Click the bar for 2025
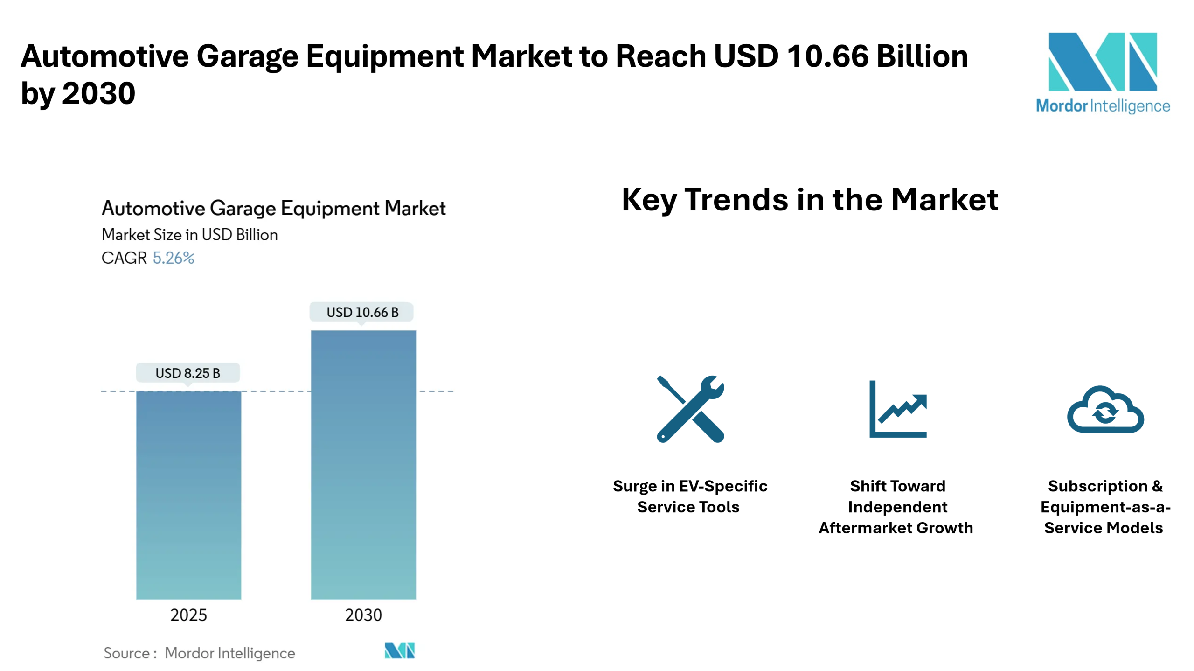pos(188,495)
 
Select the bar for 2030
pos(363,464)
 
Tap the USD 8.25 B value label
pos(188,373)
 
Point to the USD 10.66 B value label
pos(362,312)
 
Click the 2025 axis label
pos(188,615)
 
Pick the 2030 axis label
pos(363,615)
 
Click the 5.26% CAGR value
pos(174,258)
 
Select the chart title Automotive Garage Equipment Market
pos(274,208)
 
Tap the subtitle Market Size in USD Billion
pos(190,234)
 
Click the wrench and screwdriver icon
pos(690,409)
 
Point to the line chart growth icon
pos(898,409)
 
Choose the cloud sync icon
pos(1105,409)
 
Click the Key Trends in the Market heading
pos(810,199)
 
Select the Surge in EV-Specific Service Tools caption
pos(690,496)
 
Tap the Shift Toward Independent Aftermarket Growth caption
pos(896,507)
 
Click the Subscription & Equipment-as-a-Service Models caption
pos(1105,507)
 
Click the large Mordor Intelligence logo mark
pos(1103,62)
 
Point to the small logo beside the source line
pos(400,650)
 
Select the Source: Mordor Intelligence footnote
pos(199,653)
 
